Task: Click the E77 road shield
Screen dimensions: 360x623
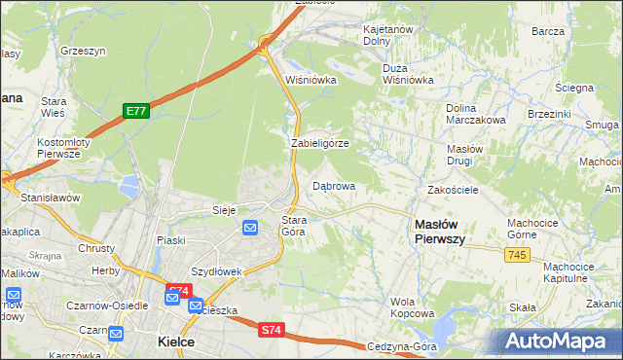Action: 135,112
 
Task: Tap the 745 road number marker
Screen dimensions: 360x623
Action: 517,254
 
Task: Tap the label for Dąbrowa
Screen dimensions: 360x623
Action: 334,185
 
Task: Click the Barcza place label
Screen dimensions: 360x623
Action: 548,31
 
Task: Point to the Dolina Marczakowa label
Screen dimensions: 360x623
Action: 475,114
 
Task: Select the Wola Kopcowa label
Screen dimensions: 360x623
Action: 412,307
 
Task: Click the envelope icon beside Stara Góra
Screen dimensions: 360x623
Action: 250,228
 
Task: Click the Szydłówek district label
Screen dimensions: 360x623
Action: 216,271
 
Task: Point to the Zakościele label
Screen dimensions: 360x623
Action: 453,190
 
